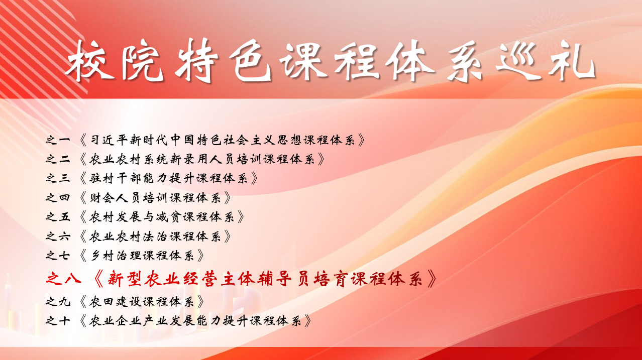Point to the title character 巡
pyautogui.click(x=519, y=61)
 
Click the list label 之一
pyautogui.click(x=58, y=140)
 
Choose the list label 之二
pyautogui.click(x=58, y=159)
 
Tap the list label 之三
pyautogui.click(x=58, y=178)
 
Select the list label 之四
pyautogui.click(x=58, y=198)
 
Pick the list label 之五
pyautogui.click(x=58, y=217)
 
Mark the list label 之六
pyautogui.click(x=58, y=236)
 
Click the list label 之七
pyautogui.click(x=58, y=256)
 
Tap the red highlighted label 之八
pyautogui.click(x=63, y=279)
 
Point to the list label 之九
pyautogui.click(x=58, y=302)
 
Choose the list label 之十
pyautogui.click(x=58, y=321)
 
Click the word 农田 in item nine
pyautogui.click(x=102, y=302)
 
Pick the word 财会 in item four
pyautogui.click(x=102, y=198)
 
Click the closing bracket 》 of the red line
pyautogui.click(x=432, y=279)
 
